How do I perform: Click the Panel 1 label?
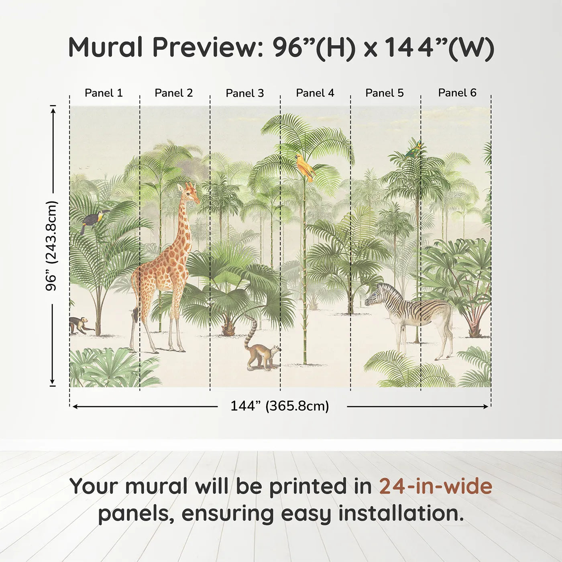[104, 93]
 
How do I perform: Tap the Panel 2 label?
[174, 93]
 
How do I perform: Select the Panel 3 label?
[245, 93]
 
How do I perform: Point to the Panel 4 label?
[315, 93]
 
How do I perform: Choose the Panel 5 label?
[385, 93]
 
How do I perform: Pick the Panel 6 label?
[457, 93]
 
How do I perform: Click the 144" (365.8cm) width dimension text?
[279, 406]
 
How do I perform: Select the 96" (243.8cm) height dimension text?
[51, 245]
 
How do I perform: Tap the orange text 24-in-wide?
[436, 486]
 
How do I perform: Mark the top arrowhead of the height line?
[53, 109]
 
